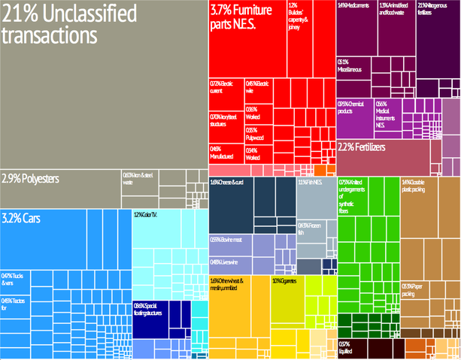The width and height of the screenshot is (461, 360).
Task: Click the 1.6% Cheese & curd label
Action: coord(228,183)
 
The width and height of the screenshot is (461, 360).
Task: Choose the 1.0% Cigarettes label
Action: coord(287,280)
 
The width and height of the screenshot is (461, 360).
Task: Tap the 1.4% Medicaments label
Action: coord(353,7)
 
